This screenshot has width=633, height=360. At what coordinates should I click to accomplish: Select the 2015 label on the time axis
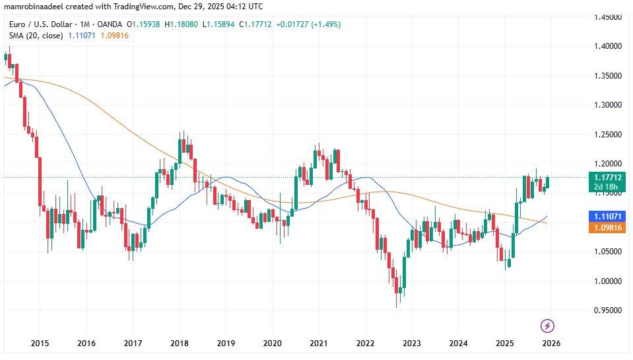[40, 343]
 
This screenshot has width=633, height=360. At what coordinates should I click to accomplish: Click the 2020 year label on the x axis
[273, 343]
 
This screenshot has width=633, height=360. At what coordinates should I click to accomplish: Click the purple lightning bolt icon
[547, 326]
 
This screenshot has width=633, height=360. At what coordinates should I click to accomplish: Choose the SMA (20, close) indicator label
[33, 35]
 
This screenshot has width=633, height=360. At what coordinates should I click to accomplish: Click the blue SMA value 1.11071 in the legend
[82, 35]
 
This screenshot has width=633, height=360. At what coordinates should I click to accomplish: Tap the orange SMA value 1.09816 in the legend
[114, 35]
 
